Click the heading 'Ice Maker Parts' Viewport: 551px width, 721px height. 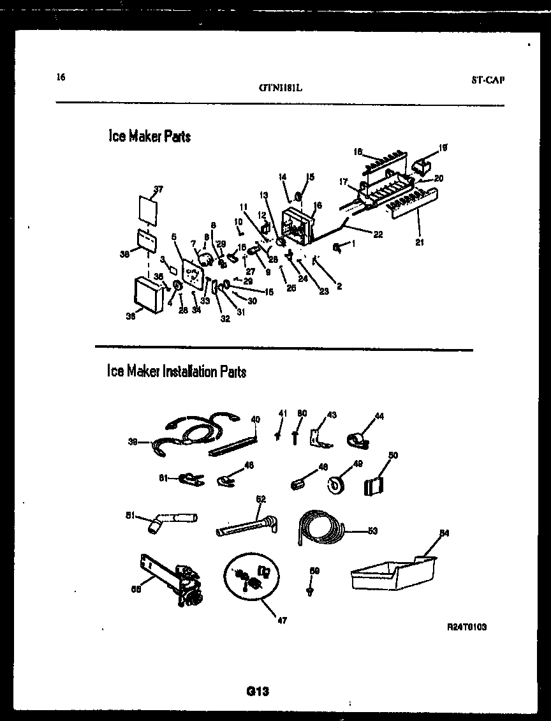149,136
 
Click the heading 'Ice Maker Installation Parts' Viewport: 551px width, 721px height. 177,371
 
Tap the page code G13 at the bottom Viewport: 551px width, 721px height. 258,690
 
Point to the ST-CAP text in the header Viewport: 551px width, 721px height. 488,80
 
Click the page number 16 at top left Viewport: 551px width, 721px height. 61,78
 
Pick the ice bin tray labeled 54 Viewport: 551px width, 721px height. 392,576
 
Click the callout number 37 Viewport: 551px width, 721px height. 158,189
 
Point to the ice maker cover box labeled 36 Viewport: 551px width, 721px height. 147,295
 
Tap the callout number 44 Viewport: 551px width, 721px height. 379,416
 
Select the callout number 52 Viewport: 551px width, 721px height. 260,498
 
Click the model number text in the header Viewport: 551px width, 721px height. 280,89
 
